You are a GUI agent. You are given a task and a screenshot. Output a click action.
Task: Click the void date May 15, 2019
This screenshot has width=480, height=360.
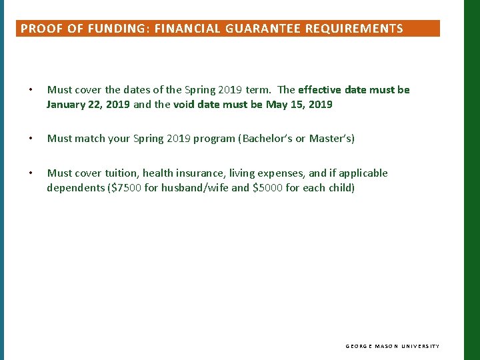(x=299, y=105)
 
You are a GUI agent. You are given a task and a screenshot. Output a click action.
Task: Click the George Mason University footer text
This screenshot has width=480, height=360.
(x=393, y=346)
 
